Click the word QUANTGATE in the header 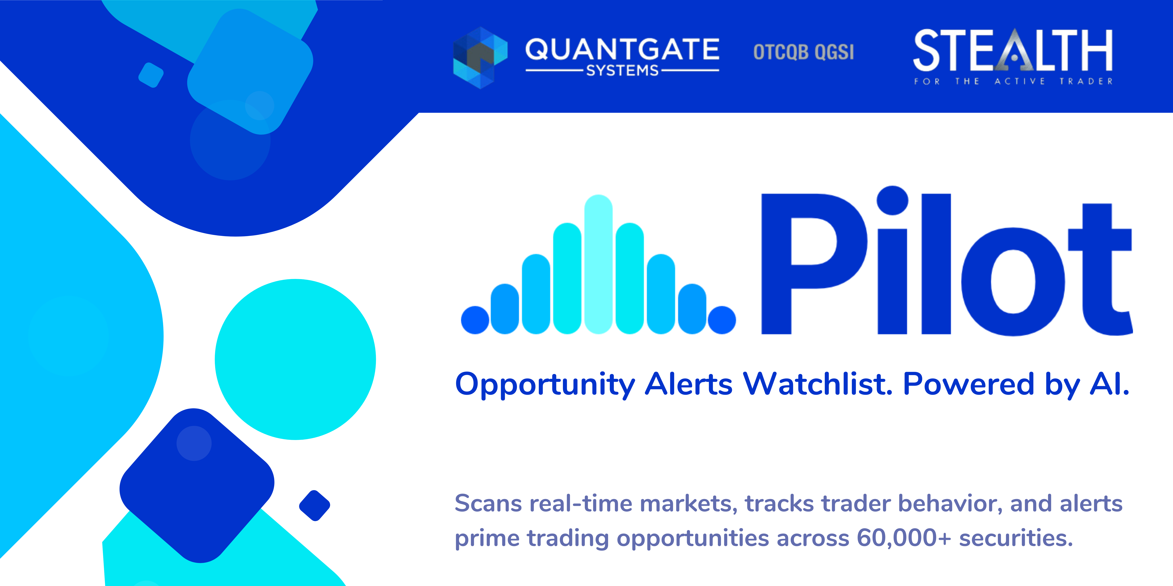[x=622, y=49]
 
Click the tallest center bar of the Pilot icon [x=598, y=264]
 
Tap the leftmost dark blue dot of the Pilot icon [x=475, y=320]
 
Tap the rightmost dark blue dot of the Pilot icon [x=722, y=320]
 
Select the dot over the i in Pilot [x=892, y=200]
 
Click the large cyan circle [x=295, y=359]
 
